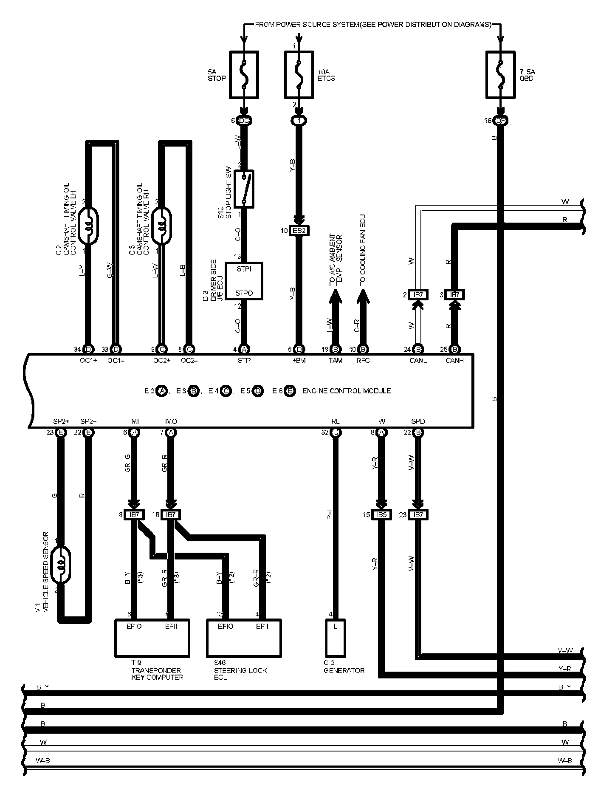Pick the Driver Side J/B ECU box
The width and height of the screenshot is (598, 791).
(244, 281)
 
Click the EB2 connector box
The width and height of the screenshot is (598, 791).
(299, 231)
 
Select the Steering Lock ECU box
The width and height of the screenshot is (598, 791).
(244, 637)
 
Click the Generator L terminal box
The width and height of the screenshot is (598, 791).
(336, 637)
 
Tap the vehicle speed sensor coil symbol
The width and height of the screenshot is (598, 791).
(61, 565)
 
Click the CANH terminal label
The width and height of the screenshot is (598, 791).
(454, 361)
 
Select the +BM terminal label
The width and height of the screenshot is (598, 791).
(299, 361)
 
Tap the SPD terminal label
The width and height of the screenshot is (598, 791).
(418, 421)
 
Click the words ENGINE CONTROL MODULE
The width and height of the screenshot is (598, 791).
(346, 391)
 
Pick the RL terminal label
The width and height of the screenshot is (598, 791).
(336, 421)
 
